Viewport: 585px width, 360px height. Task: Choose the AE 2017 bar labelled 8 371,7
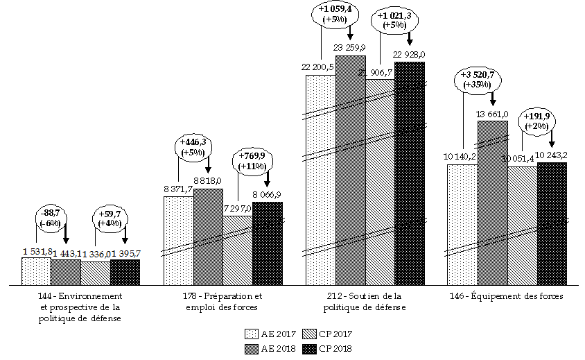click(178, 240)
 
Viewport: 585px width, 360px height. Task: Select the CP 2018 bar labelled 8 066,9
click(268, 243)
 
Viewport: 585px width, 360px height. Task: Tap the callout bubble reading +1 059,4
click(335, 15)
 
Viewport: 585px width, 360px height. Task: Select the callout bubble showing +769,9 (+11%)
click(252, 161)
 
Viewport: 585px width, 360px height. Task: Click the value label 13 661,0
click(493, 114)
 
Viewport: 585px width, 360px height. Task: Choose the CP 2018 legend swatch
click(313, 348)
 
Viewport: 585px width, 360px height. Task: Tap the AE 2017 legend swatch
click(252, 333)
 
